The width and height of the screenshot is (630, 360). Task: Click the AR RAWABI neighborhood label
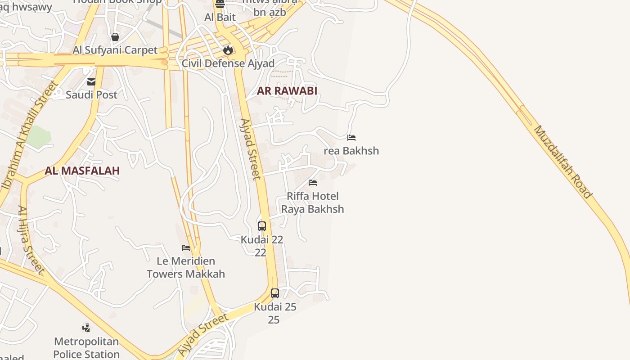point(287,91)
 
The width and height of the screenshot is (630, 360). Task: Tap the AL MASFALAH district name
point(82,171)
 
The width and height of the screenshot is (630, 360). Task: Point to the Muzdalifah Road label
point(562,162)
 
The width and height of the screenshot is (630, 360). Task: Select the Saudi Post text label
point(91,95)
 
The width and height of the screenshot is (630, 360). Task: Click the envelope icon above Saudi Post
point(91,81)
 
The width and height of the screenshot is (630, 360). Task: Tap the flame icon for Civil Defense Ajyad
point(228,50)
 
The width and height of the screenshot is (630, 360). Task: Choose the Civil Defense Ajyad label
point(228,63)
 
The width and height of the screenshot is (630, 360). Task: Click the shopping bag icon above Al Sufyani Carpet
point(115,36)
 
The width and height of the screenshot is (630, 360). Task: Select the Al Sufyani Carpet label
point(115,50)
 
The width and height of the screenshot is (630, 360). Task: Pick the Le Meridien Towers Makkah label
point(186,267)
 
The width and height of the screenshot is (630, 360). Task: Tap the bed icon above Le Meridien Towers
point(186,247)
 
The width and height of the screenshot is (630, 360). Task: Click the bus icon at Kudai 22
point(262,226)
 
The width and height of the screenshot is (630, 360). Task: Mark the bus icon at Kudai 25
point(274,293)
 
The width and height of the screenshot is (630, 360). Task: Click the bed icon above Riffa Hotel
point(313,182)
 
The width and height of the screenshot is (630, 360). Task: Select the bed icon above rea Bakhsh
point(351,137)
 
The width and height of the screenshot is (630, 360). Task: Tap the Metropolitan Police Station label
point(86,348)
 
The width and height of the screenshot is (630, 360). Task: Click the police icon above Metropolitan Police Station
point(86,328)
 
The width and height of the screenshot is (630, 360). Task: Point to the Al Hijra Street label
point(31,240)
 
